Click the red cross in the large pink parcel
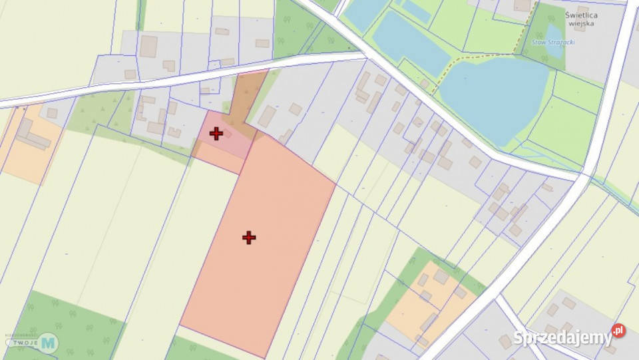[x=249, y=238]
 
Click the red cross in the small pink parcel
[x=216, y=134]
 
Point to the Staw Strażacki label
[x=554, y=42]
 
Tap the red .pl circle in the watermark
[x=618, y=331]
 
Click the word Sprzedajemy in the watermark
[x=562, y=338]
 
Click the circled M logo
[x=48, y=343]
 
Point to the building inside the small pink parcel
[x=227, y=133]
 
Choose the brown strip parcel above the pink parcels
[x=246, y=100]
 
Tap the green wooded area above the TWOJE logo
[x=67, y=319]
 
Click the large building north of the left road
[x=148, y=46]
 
